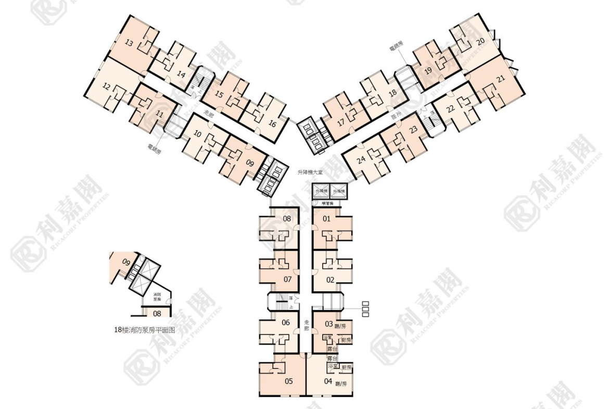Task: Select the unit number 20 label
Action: (x=480, y=41)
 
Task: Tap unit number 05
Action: (x=288, y=381)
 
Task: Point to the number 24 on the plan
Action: (x=361, y=160)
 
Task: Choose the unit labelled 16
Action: (x=272, y=123)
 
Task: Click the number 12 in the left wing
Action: (x=106, y=86)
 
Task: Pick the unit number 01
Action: (x=327, y=219)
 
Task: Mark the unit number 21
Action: (x=501, y=79)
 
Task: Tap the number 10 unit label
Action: (x=197, y=134)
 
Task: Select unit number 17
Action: (x=340, y=123)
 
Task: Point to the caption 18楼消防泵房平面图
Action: (x=145, y=330)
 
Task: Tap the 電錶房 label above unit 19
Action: (x=396, y=48)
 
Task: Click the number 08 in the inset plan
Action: (x=156, y=313)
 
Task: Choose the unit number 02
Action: (x=330, y=280)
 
